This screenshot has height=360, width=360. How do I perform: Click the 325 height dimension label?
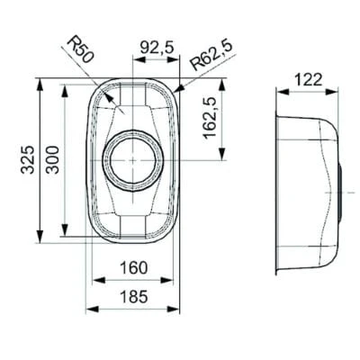tap(29, 159)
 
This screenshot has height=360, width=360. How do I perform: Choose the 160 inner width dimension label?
tap(132, 267)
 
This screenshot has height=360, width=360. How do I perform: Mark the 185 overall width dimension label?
tap(132, 295)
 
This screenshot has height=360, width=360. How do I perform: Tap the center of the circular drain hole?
tap(133, 159)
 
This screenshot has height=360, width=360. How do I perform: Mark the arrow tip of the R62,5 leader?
tap(175, 91)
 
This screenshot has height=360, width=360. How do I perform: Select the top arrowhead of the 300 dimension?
tap(64, 87)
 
